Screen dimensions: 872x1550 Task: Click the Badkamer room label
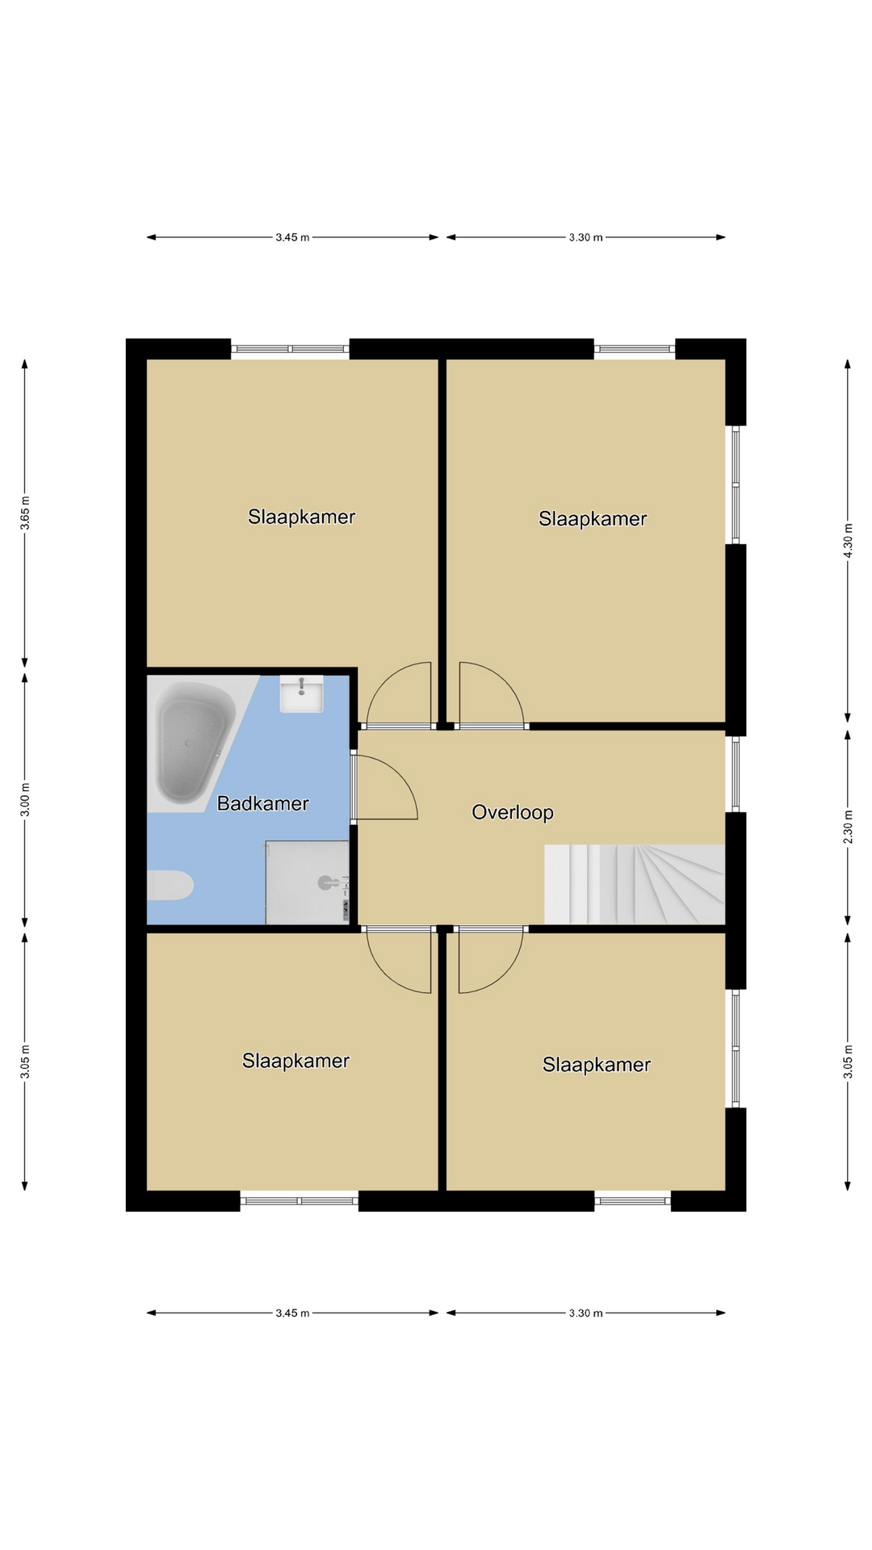coord(263,803)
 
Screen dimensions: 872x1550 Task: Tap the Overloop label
coord(513,812)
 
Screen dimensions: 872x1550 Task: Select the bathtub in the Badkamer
coord(197,744)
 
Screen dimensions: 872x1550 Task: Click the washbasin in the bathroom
coord(301,694)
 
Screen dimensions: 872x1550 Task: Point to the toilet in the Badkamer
coord(170,885)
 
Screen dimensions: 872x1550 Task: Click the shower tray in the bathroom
coord(308,882)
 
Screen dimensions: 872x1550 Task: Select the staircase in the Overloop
coord(635,884)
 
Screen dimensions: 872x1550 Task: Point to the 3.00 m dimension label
coord(25,799)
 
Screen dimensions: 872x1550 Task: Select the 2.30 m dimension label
coord(848,827)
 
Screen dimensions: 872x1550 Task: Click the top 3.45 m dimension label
coord(292,237)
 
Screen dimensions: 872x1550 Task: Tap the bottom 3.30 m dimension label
coord(585,1313)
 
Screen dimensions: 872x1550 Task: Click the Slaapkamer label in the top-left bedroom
coord(301,517)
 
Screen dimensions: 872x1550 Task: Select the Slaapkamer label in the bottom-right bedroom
coord(597,1065)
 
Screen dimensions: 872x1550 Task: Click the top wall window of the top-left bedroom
coord(290,349)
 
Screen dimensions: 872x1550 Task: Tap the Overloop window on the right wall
coord(736,773)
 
